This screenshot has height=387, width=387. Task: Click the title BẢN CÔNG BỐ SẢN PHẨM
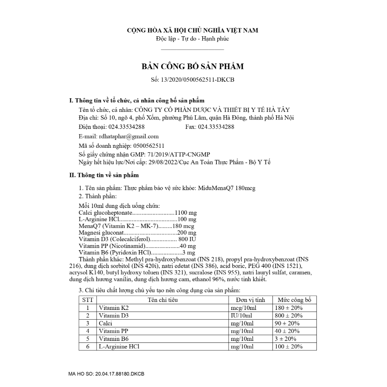193,67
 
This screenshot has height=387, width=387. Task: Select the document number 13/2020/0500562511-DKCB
200,79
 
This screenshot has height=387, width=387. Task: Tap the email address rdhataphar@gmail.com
129,136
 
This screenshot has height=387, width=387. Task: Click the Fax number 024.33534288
216,127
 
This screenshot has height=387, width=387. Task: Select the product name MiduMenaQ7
215,188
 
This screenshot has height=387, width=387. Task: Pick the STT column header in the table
87,300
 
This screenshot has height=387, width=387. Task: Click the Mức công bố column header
294,300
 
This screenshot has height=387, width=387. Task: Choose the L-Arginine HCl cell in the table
121,347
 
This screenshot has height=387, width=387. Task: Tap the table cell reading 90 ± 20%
288,324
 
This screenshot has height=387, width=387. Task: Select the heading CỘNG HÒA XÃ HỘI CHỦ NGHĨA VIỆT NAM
193,30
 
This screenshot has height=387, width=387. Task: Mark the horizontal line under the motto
193,50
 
